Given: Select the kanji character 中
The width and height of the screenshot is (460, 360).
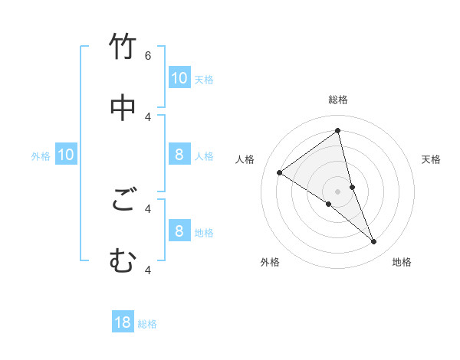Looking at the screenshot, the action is (x=123, y=108).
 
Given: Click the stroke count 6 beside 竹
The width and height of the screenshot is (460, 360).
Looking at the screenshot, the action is (x=148, y=56).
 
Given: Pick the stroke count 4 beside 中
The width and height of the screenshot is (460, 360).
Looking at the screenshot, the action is (x=148, y=116).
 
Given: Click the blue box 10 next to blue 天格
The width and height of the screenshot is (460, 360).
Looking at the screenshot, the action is (x=179, y=78).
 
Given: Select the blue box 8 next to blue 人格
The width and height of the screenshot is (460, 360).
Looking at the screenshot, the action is (x=179, y=155).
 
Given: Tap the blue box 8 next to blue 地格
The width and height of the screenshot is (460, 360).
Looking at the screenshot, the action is (x=179, y=231).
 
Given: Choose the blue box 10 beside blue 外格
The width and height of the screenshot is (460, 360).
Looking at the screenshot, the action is (x=66, y=155).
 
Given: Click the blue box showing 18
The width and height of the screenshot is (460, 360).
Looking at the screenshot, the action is (x=123, y=322).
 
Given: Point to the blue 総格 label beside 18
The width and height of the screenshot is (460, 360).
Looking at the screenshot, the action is (x=147, y=324).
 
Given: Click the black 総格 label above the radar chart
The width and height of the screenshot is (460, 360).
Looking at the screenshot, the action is (x=338, y=100).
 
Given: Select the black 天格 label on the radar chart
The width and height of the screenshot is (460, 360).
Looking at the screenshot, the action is (x=432, y=159).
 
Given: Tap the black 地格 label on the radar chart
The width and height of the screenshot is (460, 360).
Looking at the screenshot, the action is (x=402, y=262).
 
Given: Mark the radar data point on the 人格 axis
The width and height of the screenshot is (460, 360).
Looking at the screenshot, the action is (x=279, y=172).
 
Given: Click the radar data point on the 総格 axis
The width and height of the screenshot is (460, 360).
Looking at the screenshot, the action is (x=338, y=130).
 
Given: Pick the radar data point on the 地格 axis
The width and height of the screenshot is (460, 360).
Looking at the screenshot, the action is (x=374, y=241).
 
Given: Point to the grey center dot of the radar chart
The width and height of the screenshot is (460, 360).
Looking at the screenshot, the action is (x=338, y=191).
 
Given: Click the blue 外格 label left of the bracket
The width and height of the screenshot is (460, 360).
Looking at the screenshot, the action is (x=41, y=156).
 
